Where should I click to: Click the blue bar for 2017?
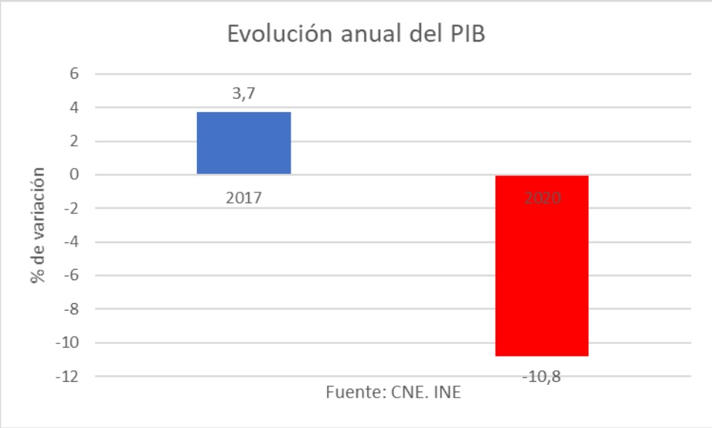[x=244, y=143]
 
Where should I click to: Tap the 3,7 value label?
[x=244, y=94]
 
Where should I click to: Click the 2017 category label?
[x=244, y=198]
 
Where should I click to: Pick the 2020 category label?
[x=542, y=198]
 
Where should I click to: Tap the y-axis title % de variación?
[x=37, y=225]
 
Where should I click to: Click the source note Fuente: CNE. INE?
[x=393, y=392]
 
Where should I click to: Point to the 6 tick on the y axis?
[x=74, y=74]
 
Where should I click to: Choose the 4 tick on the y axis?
[x=74, y=108]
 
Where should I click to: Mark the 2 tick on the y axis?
[x=74, y=141]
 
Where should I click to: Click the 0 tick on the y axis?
[x=74, y=175]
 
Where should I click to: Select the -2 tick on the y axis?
[x=72, y=209]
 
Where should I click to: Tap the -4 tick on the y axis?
[x=72, y=242]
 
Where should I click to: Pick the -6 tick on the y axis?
[x=72, y=276]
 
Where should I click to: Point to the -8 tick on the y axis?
[x=72, y=309]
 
